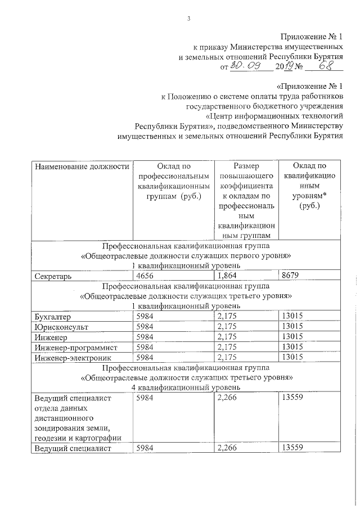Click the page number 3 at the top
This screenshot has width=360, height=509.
(x=189, y=19)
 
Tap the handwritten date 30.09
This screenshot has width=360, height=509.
(x=244, y=67)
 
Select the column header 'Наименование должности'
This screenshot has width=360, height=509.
(x=78, y=166)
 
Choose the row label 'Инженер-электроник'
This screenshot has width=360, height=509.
(x=73, y=357)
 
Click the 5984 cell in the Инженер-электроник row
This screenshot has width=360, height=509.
(x=145, y=357)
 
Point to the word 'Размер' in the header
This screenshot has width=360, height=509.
(x=246, y=166)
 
